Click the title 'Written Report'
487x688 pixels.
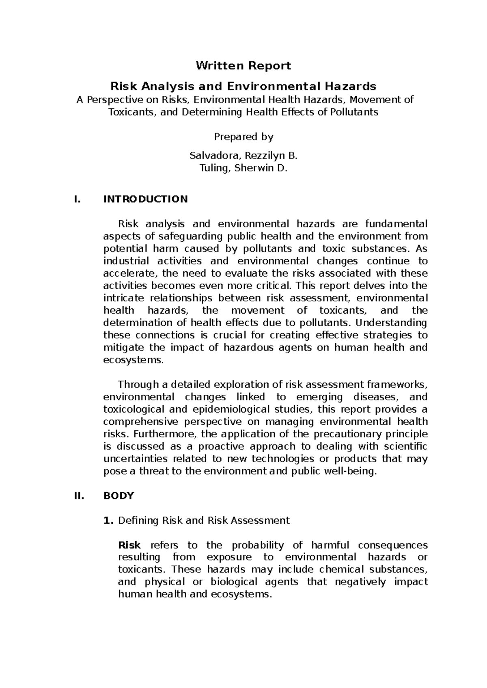pos(243,66)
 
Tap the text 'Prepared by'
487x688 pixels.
pos(243,137)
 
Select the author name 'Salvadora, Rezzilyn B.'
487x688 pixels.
pos(243,156)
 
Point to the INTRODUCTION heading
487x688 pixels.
pos(145,199)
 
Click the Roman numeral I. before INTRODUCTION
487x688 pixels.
pos(76,199)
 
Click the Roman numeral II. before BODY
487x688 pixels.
pos(78,496)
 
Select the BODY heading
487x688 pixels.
pos(119,496)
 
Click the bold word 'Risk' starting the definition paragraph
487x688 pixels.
pos(129,545)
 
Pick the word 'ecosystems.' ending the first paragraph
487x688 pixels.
pos(134,360)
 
